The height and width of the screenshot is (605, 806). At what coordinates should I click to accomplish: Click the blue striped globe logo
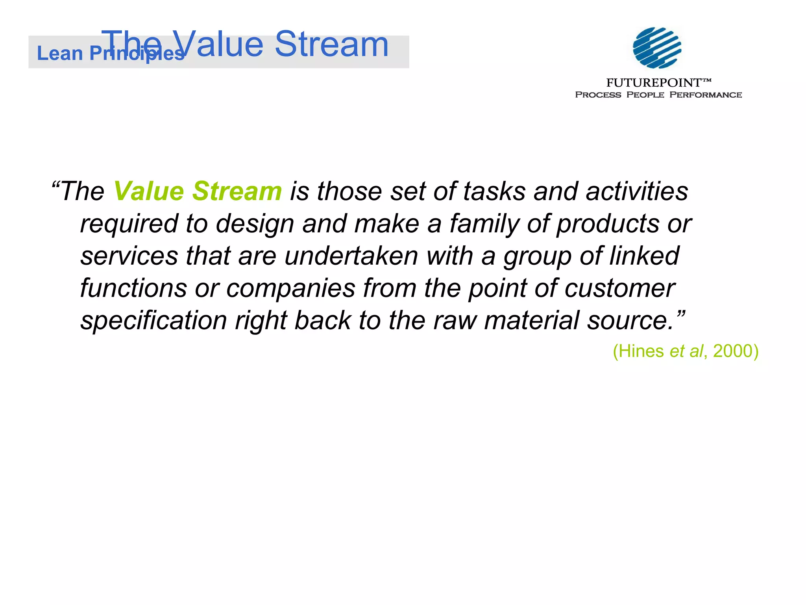point(657,48)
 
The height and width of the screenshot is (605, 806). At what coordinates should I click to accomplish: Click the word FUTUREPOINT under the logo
point(654,83)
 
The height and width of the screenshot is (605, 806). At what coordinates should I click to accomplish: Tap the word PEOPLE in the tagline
point(645,95)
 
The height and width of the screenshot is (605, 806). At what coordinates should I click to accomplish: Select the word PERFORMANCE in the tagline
point(706,95)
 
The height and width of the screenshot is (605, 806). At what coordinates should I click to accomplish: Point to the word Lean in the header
point(59,53)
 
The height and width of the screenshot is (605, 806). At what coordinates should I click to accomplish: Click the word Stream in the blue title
point(331,44)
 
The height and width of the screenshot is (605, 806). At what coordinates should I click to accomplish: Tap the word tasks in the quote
point(494,191)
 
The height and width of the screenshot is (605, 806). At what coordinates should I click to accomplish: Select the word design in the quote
point(255,224)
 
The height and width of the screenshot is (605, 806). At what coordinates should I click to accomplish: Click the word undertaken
point(351,256)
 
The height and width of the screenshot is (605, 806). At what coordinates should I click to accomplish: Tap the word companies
point(291,288)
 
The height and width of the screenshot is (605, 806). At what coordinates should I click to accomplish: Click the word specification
point(154,321)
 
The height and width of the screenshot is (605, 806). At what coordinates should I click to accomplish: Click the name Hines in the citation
point(641,351)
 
